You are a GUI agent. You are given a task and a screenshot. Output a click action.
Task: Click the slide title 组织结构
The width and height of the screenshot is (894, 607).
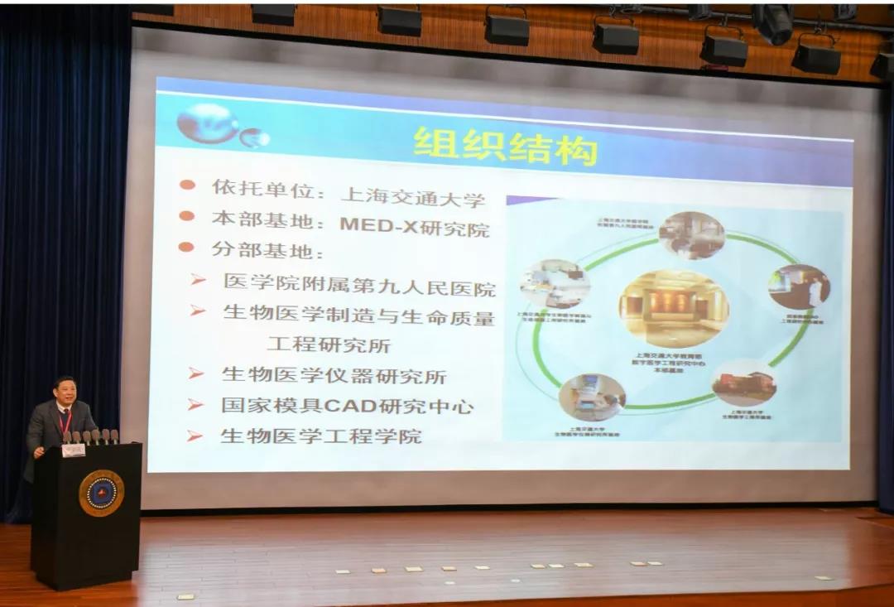coord(505,147)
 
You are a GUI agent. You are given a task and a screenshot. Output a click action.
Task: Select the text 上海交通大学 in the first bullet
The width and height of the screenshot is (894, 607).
coord(412,197)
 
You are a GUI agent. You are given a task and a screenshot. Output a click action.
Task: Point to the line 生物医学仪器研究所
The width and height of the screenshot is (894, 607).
coord(334,375)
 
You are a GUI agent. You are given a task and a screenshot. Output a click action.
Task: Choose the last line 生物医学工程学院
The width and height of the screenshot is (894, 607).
coord(320,436)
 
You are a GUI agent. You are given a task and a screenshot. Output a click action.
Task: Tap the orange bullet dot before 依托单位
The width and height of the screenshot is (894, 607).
coord(187,185)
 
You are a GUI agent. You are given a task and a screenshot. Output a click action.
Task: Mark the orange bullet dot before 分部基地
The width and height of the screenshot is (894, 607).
coord(185,247)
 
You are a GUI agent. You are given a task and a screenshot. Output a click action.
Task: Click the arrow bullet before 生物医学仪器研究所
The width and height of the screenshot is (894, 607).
coord(196,373)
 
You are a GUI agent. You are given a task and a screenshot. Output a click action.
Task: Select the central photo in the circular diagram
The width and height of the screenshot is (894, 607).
coord(673,306)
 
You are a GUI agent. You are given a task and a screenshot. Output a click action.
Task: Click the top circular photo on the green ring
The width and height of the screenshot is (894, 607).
coord(692,235)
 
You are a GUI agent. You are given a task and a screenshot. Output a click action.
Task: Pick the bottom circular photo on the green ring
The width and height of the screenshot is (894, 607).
coord(592,397)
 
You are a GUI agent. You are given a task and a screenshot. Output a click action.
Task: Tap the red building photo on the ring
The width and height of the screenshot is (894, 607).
coord(744,383)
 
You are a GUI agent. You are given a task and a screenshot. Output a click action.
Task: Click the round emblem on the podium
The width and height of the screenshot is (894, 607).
coord(101,493)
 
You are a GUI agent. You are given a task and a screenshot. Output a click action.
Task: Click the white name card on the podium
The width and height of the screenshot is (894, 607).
coord(74,450)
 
